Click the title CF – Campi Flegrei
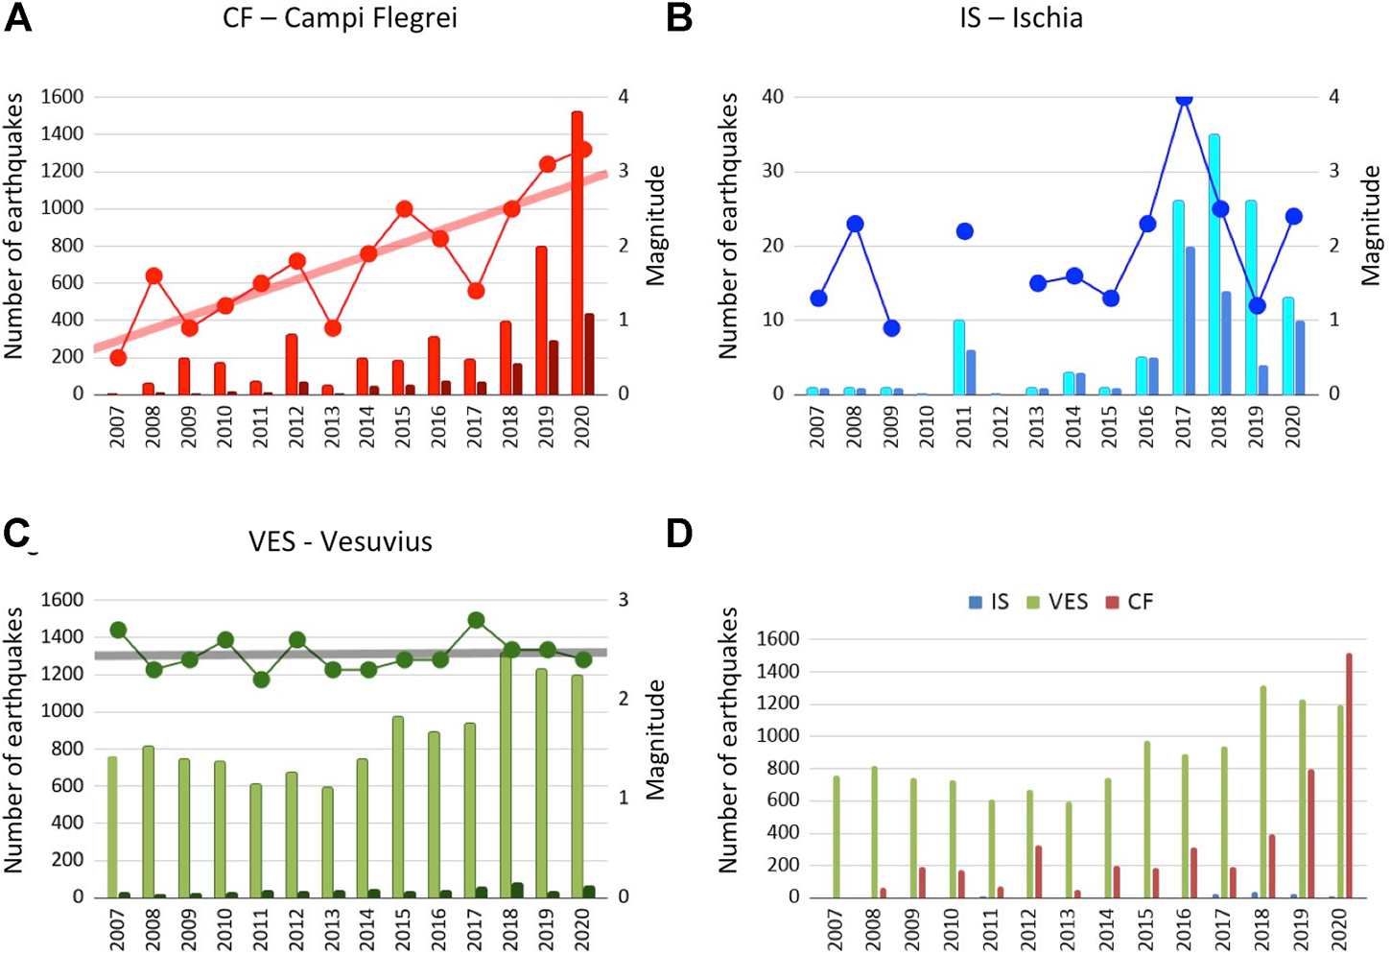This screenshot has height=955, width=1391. (x=340, y=17)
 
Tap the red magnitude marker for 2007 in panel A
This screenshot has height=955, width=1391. (x=118, y=358)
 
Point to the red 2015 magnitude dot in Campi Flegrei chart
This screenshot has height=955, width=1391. (x=404, y=209)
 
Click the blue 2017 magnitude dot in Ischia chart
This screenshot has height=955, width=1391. (x=1184, y=98)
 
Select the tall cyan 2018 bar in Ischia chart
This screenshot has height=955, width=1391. (x=1214, y=264)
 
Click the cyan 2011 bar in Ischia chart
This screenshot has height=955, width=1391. (x=958, y=357)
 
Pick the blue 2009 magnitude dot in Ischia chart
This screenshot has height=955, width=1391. (x=891, y=328)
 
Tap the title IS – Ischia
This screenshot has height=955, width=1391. (x=1021, y=17)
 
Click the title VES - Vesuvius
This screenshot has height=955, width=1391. (x=340, y=541)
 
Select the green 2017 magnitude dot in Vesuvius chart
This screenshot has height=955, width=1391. (x=476, y=621)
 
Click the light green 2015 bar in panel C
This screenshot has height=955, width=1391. (x=398, y=806)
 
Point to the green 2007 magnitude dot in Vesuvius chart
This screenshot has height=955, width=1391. (x=118, y=631)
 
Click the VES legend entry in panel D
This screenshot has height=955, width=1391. (x=1058, y=602)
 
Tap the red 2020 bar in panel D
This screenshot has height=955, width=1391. (x=1349, y=776)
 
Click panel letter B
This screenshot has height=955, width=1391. (x=679, y=17)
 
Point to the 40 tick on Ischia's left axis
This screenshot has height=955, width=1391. (x=772, y=97)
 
